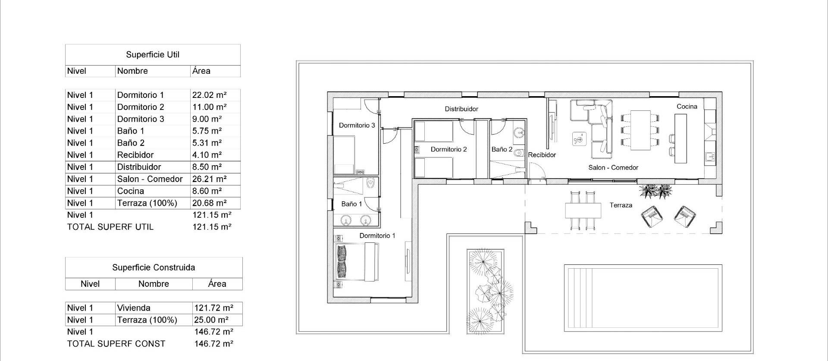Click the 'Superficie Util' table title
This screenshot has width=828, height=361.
click(x=153, y=55)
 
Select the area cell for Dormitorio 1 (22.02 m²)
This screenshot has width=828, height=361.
click(x=209, y=95)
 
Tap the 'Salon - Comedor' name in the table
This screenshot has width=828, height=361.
click(x=150, y=179)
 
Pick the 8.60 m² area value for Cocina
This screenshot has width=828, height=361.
click(x=207, y=191)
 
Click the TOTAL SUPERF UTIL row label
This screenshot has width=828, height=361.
click(x=110, y=227)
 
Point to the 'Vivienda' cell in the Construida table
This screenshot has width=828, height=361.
click(x=134, y=308)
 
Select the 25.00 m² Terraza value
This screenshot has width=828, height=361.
click(x=211, y=320)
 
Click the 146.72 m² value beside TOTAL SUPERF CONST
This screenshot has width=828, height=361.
click(x=214, y=344)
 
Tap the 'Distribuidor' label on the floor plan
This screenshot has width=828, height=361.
click(x=461, y=109)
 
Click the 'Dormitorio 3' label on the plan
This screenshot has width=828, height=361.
click(x=357, y=126)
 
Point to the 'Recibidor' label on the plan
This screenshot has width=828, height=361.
click(x=542, y=155)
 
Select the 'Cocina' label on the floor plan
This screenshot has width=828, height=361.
click(x=687, y=107)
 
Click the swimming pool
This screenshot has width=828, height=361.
click(x=643, y=298)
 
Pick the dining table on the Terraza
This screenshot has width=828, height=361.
click(x=583, y=211)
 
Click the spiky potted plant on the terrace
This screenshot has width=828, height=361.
click(x=655, y=191)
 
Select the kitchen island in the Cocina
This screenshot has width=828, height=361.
click(x=681, y=138)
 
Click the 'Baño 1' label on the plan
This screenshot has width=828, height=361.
click(x=351, y=204)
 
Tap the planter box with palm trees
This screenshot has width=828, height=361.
click(x=486, y=291)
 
